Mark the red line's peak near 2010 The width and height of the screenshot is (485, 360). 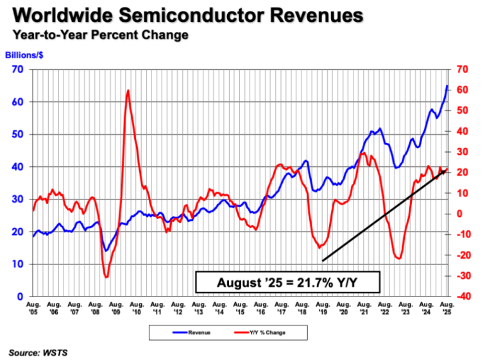click(x=128, y=90)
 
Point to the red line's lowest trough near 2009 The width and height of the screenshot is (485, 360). click(x=106, y=277)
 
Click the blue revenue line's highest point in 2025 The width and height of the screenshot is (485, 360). click(x=447, y=85)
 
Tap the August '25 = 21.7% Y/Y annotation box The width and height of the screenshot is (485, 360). click(x=289, y=282)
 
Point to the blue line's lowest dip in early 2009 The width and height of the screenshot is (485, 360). click(x=106, y=251)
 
